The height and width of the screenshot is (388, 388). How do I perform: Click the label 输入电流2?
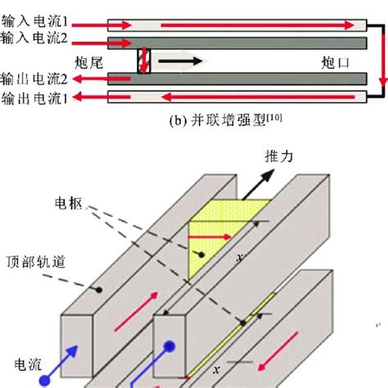coord(34,38)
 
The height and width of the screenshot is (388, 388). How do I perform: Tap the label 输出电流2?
coord(34,79)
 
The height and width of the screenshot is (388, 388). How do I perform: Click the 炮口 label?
coord(335,61)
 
